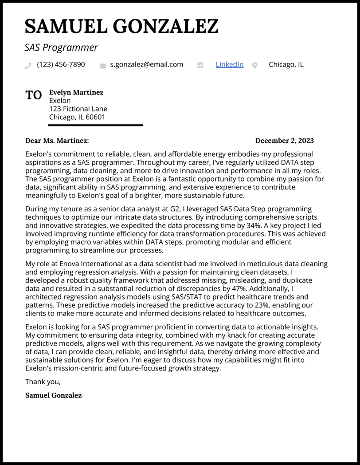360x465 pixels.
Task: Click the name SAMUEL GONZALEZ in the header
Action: point(121,27)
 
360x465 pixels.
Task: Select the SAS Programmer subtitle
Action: point(61,47)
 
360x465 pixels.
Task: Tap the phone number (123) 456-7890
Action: point(61,64)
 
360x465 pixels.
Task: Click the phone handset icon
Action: point(28,66)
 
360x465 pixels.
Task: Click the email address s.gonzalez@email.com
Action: point(146,64)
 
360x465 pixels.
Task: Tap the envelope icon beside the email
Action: point(103,66)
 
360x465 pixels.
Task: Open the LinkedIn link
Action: point(229,64)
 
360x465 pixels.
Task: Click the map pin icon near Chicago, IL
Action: point(254,66)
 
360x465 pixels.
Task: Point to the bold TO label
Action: point(34,95)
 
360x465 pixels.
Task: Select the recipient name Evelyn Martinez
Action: point(76,92)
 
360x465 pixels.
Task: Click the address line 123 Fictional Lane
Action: point(78,109)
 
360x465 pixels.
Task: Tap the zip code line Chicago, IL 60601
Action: point(77,117)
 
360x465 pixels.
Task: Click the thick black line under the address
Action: point(95,125)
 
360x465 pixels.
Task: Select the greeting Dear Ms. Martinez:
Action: point(57,141)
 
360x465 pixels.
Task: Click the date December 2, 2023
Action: point(284,141)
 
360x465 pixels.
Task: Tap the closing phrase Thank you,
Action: point(43,382)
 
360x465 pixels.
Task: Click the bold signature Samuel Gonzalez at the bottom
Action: point(53,395)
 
